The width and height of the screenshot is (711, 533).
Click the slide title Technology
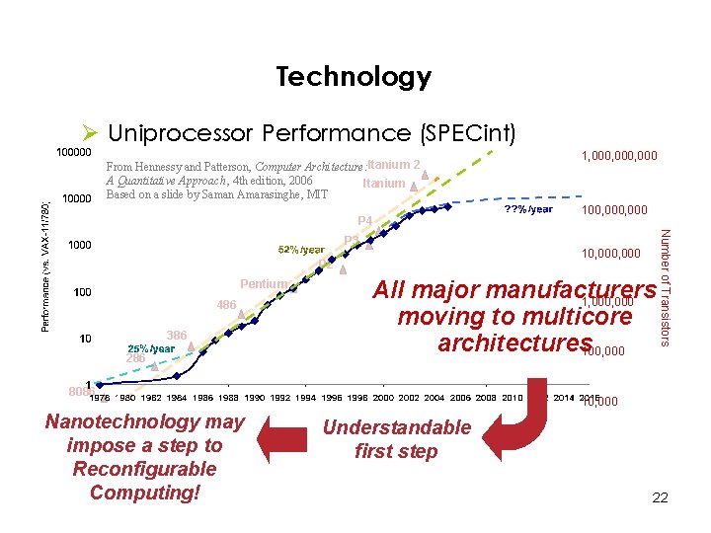click(x=354, y=76)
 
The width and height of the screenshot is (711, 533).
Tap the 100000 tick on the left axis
click(x=72, y=154)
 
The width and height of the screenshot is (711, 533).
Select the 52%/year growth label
click(x=302, y=251)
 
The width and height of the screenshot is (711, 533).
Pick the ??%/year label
click(x=528, y=210)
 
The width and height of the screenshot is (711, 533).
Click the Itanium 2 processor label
click(x=393, y=165)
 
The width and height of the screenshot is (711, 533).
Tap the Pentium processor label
click(x=263, y=284)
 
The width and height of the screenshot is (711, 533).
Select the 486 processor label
click(x=226, y=306)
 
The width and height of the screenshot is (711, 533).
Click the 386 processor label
click(x=177, y=336)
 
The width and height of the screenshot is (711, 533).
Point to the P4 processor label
click(x=365, y=221)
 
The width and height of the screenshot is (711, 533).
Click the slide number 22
click(x=660, y=498)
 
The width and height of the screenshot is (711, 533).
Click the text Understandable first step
click(x=397, y=439)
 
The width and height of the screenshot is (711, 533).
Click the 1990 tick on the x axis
click(x=256, y=398)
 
